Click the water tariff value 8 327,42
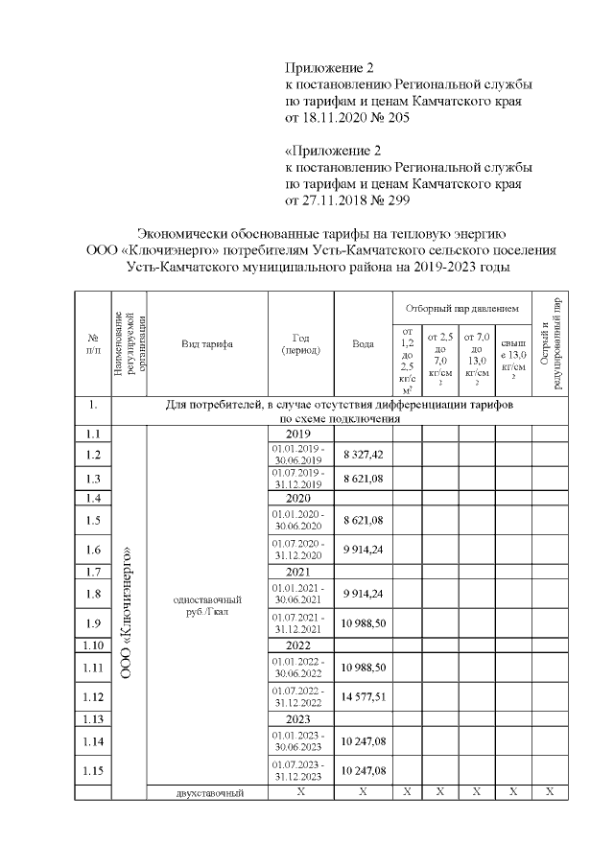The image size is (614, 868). coord(363,455)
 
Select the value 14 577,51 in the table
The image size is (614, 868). coord(363,697)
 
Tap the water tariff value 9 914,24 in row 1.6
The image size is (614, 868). coord(363,550)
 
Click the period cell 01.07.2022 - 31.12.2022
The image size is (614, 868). coord(300,697)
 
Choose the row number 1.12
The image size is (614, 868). coord(93,697)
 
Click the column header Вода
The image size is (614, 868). coord(363,343)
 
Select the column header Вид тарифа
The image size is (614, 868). coord(207,343)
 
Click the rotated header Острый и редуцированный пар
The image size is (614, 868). coord(550,343)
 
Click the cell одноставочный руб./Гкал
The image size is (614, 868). coord(207,605)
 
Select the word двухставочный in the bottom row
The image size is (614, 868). coord(207,792)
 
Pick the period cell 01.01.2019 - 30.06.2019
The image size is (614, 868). coord(300,455)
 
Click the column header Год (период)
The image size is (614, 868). coord(300,343)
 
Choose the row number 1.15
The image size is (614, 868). coord(93,770)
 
